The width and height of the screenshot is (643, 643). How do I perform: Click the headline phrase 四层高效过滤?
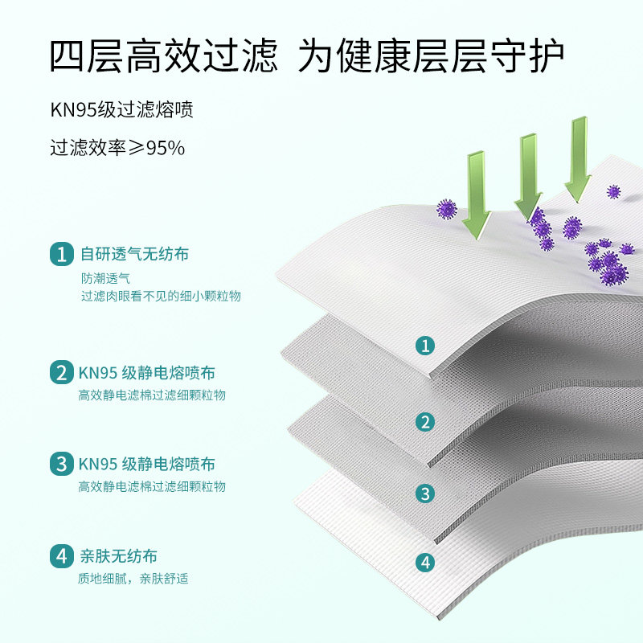[x=163, y=56]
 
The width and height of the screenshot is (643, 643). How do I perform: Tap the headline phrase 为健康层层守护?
[x=431, y=56]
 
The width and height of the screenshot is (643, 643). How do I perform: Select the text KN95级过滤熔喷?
[x=121, y=110]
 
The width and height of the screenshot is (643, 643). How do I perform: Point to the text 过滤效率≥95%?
[x=117, y=148]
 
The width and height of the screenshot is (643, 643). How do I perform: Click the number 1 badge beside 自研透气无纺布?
[x=61, y=255]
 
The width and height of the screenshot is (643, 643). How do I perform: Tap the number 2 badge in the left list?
[x=61, y=373]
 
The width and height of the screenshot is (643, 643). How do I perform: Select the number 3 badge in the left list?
[x=61, y=464]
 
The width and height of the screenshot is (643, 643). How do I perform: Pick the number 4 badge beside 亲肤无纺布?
[x=61, y=556]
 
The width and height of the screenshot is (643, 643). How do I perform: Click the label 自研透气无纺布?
[x=134, y=255]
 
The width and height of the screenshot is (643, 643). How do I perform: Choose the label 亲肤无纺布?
[x=118, y=556]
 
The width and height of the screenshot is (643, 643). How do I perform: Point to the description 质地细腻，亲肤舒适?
[x=133, y=579]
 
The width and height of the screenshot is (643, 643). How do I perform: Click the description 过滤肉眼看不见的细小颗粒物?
[x=160, y=296]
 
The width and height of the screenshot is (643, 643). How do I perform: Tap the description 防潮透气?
[x=104, y=278]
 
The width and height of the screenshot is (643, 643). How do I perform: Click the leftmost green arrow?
[x=475, y=194]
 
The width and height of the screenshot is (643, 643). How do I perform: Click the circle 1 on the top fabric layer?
[x=426, y=346]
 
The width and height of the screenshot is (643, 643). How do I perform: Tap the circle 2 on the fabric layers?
[x=426, y=421]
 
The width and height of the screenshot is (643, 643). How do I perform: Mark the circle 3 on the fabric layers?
[x=426, y=493]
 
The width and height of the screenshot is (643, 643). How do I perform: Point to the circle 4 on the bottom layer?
[x=426, y=562]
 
